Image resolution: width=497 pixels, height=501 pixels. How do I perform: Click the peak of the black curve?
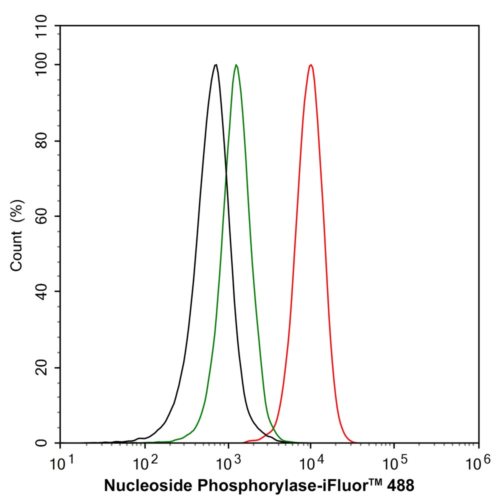(x=215, y=65)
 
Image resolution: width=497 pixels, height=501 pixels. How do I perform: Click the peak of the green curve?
(x=236, y=65)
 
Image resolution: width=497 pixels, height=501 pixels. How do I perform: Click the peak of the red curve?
(x=311, y=65)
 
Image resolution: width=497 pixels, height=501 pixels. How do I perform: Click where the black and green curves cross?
(x=226, y=173)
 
